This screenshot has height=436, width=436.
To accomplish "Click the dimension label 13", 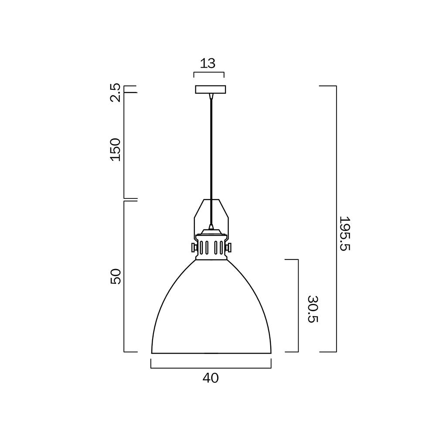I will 208,63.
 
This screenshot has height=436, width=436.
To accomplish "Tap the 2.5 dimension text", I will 115,92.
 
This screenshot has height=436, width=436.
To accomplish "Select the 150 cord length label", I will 115,149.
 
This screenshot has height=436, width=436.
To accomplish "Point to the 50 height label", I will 115,276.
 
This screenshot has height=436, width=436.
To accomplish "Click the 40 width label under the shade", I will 211,378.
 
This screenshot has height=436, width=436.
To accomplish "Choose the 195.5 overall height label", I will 345,234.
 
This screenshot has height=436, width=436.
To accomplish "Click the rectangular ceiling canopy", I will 211,89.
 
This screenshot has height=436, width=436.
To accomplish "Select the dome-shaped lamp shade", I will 211,314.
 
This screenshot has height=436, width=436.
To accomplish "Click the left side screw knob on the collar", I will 193,248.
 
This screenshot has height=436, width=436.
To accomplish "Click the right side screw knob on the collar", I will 229,248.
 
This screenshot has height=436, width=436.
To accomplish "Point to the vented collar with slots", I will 211,247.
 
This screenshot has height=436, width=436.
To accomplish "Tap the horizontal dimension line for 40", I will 211,368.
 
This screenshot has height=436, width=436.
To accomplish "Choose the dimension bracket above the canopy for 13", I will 209,72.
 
